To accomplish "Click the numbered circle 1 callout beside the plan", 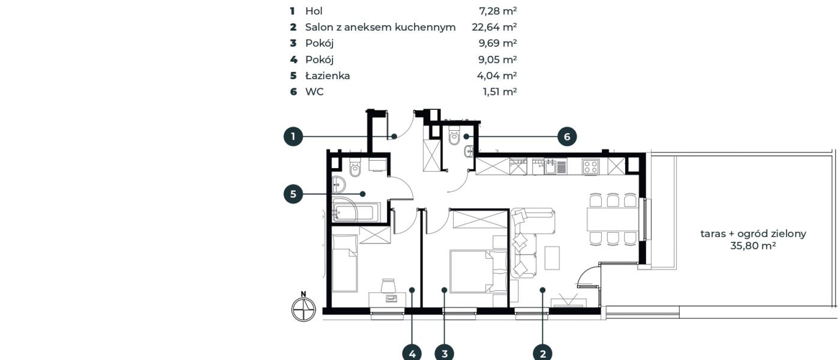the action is (x=293, y=137).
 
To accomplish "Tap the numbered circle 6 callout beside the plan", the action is (x=567, y=137).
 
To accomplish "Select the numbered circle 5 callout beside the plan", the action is (x=293, y=194).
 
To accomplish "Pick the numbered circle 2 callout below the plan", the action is (x=542, y=353).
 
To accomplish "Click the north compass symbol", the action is (x=304, y=309).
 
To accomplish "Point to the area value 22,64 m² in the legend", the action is (x=494, y=27).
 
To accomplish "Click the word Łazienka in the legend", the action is (x=328, y=76).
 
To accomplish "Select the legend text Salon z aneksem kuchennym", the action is (x=380, y=28).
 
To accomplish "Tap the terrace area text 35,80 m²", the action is (x=753, y=245).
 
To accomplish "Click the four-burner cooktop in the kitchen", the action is (x=590, y=167).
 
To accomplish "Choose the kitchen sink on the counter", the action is (x=550, y=167).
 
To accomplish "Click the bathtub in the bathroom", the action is (x=353, y=212).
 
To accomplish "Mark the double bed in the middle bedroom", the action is (x=478, y=271).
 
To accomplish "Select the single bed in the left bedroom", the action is (x=344, y=263).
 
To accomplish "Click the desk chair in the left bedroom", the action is (x=388, y=286).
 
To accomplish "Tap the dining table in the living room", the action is (x=612, y=220).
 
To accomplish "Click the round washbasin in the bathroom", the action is (x=338, y=184).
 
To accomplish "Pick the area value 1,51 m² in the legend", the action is (x=500, y=91).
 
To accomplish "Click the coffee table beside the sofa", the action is (x=552, y=257).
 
